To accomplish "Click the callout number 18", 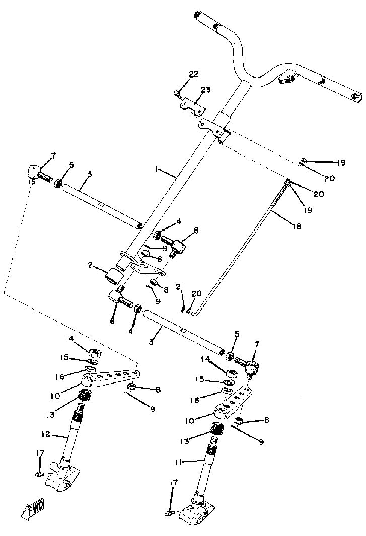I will [297, 227].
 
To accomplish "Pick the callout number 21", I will [179, 287].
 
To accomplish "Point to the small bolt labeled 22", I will [176, 92].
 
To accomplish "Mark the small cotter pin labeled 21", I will [184, 305].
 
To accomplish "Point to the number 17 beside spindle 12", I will [41, 453].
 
